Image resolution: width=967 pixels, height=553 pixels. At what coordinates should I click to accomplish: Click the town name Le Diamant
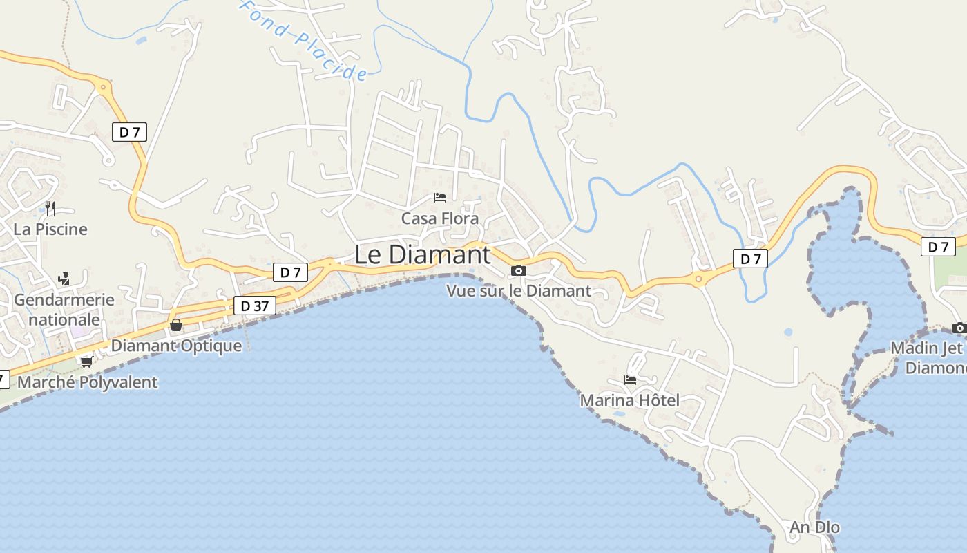(x=422, y=254)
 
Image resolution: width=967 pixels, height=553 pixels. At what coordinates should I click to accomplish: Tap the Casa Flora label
(x=440, y=218)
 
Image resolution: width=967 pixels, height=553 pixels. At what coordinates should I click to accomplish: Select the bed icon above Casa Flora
(x=440, y=198)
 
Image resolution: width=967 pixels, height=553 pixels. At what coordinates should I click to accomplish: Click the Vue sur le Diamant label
(x=519, y=291)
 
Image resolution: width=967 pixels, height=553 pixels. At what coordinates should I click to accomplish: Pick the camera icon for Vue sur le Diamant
(x=519, y=270)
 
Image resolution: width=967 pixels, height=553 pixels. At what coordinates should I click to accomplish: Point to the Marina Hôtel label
(x=629, y=400)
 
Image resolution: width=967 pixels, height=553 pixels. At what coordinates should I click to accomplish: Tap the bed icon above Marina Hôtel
(x=630, y=379)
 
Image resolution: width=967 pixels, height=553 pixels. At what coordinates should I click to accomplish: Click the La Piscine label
(x=50, y=229)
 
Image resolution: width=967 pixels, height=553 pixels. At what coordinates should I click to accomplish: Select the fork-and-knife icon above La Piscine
(x=50, y=208)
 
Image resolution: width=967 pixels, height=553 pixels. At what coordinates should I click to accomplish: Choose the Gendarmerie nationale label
(x=64, y=310)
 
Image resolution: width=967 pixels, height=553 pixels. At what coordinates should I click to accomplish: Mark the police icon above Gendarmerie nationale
(x=64, y=279)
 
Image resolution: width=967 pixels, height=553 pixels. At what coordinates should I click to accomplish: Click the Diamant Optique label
(x=177, y=346)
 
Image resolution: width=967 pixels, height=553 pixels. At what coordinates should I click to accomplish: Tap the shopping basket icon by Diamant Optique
(x=176, y=325)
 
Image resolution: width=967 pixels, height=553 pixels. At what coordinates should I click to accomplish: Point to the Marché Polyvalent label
(x=87, y=382)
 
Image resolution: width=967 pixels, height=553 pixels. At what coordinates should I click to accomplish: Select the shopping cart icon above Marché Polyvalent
(x=86, y=361)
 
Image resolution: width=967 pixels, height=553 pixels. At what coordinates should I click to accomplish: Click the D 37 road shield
(x=255, y=306)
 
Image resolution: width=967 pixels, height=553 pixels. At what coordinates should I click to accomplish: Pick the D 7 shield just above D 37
(x=290, y=272)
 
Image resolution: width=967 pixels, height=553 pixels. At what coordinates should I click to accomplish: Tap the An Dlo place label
(x=815, y=527)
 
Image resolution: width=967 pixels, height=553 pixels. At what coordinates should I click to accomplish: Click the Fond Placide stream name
(x=304, y=40)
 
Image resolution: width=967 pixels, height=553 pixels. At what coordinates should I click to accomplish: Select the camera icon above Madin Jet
(x=959, y=328)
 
